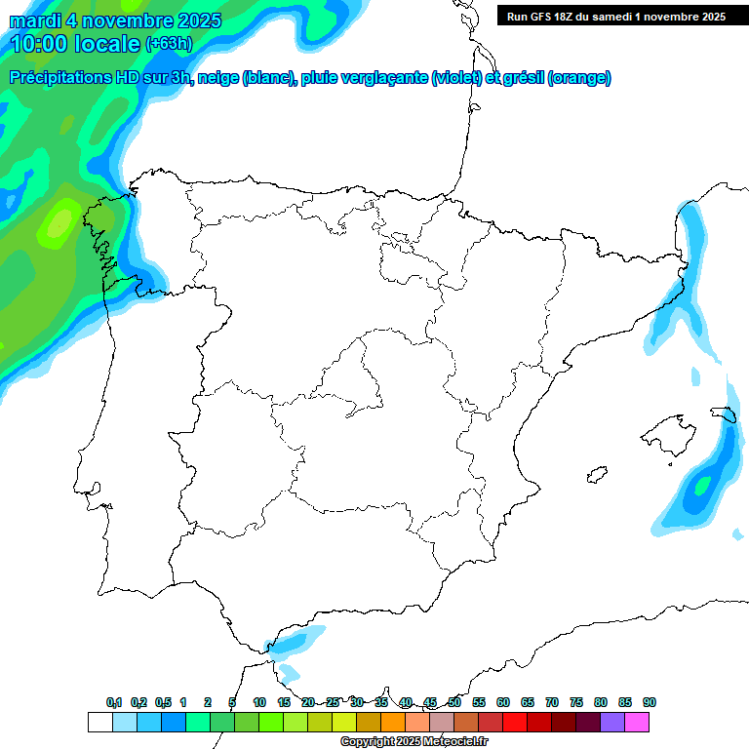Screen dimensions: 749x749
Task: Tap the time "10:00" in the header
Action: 39,44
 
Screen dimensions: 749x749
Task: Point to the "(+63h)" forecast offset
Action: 170,44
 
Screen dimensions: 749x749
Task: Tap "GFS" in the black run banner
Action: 544,16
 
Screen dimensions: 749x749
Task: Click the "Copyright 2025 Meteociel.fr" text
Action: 413,742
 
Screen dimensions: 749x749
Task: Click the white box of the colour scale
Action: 99,722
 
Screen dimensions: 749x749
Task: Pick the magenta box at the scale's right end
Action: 637,722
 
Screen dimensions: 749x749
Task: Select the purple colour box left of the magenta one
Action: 612,722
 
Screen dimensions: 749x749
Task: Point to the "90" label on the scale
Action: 650,702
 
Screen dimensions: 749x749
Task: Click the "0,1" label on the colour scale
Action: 114,702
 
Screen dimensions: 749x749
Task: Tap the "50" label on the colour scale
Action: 454,702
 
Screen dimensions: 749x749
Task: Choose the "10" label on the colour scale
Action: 259,702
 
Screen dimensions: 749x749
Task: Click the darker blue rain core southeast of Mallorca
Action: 700,486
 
